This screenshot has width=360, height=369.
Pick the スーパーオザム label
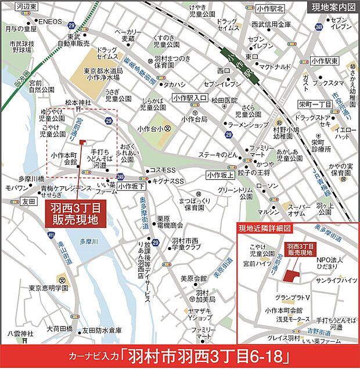coord(301,210)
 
